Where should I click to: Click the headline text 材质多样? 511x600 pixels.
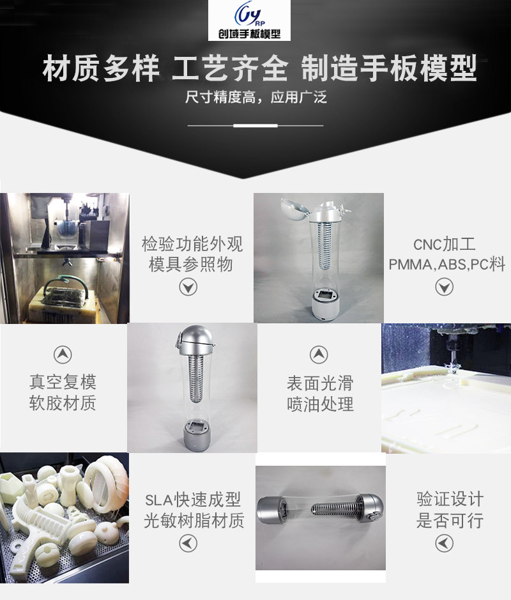(x=100, y=70)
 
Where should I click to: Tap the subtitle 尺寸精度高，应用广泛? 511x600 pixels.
(x=256, y=99)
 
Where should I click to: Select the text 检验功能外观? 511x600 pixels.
(x=192, y=245)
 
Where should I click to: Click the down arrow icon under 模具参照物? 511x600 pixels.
(x=188, y=288)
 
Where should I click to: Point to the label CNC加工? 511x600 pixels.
(x=445, y=245)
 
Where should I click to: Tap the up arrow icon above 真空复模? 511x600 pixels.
(x=62, y=355)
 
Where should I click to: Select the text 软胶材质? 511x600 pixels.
(x=63, y=404)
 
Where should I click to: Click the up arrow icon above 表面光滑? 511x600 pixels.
(x=319, y=355)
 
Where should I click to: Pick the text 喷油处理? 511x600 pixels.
(x=319, y=404)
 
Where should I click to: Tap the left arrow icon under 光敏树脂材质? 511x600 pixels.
(x=188, y=543)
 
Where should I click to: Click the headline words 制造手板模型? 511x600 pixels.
(x=389, y=70)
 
